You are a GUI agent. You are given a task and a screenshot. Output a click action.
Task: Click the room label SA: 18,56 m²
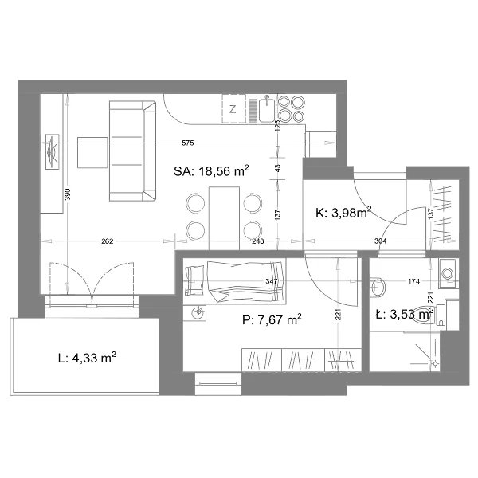tap(211, 171)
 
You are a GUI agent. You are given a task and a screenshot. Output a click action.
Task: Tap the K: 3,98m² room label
tap(343, 212)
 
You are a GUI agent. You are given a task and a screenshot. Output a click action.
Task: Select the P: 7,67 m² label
tap(272, 319)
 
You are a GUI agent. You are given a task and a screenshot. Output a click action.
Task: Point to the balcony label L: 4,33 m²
tap(87, 358)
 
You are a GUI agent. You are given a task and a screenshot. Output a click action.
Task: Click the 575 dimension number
tap(188, 143)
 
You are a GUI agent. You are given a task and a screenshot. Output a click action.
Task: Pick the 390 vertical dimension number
tap(68, 194)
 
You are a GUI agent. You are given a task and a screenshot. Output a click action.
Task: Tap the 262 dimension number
tap(108, 241)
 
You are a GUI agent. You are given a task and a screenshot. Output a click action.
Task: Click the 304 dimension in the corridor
tap(381, 241)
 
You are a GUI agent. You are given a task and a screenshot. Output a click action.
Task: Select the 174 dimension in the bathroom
tap(413, 281)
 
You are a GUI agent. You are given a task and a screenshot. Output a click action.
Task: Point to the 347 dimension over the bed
tap(272, 281)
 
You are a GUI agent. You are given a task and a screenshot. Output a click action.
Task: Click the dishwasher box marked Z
tap(233, 109)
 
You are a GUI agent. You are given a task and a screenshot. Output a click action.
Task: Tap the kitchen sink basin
tap(267, 110)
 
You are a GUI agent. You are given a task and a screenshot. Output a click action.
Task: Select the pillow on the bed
tap(194, 280)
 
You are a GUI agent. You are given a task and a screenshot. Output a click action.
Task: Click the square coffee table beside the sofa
tap(92, 152)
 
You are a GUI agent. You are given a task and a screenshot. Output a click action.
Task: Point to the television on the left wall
tap(52, 152)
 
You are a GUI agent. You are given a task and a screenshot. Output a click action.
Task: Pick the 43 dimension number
tap(277, 168)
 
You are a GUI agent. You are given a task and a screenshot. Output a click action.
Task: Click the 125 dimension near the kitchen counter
tap(277, 126)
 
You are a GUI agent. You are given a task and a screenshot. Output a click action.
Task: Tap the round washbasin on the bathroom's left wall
tap(378, 287)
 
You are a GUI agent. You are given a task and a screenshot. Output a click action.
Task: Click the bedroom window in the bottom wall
tap(218, 383)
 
